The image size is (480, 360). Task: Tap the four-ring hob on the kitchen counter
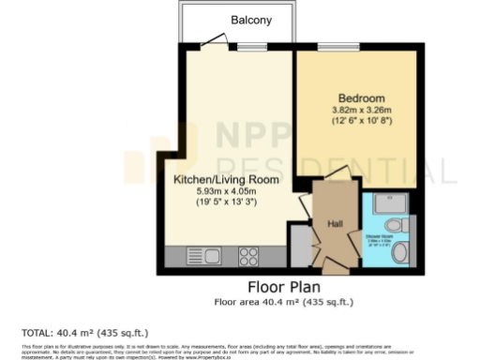248,253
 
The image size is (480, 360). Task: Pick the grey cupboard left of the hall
299,247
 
